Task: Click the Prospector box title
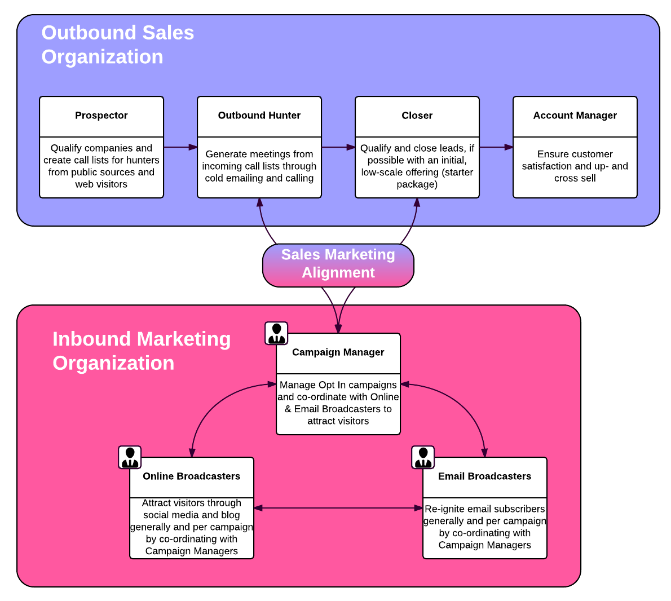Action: tap(101, 116)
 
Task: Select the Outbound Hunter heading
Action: tap(259, 116)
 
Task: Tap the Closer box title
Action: tap(417, 116)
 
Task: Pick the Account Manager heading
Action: tap(575, 116)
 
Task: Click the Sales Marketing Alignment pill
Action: tap(338, 264)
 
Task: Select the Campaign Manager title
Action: tap(338, 352)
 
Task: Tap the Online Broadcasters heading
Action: tap(192, 476)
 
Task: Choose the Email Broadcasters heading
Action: tap(485, 476)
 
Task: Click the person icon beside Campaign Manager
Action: tap(276, 333)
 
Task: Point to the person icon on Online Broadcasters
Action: tap(130, 457)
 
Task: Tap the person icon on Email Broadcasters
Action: tap(423, 457)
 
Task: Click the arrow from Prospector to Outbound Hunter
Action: tap(180, 147)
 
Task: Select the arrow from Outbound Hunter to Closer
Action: tap(338, 147)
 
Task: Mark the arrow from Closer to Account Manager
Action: tap(496, 147)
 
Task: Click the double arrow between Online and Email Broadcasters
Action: tap(338, 508)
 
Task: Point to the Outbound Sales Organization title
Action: tap(118, 45)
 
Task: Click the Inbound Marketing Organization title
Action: tap(142, 351)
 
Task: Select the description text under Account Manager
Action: tap(575, 166)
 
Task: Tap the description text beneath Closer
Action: tap(417, 166)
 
